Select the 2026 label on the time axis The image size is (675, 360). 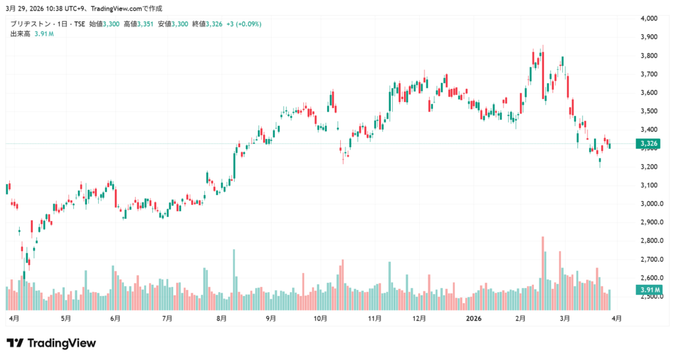click(473, 318)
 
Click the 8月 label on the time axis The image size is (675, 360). click(221, 318)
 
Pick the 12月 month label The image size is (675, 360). click(419, 318)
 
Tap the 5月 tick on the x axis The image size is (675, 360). click(65, 318)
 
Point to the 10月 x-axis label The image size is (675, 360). click(320, 318)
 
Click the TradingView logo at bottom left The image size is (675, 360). click(51, 343)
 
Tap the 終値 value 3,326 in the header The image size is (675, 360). click(214, 24)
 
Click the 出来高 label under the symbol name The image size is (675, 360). click(20, 34)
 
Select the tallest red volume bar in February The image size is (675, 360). click(543, 273)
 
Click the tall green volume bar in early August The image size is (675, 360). click(234, 280)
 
